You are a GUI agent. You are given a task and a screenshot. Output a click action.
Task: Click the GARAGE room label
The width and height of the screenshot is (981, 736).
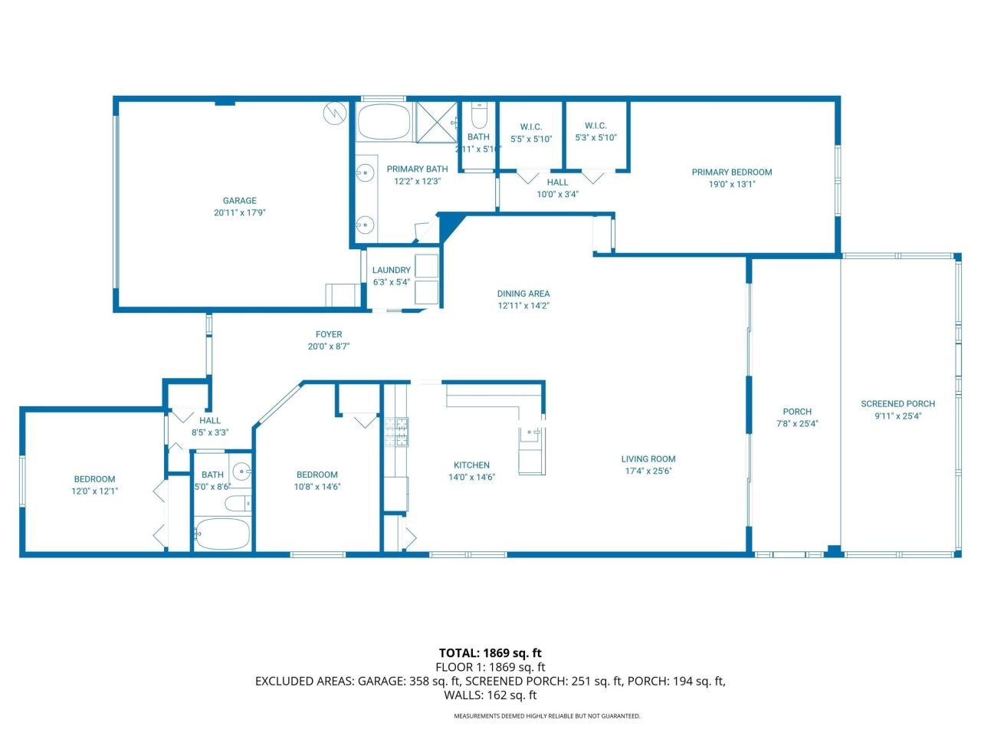tap(240, 201)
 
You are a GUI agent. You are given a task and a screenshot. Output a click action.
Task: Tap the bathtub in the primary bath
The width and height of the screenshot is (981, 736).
tap(383, 122)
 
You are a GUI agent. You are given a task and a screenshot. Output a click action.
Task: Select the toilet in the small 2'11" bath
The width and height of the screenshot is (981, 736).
tap(479, 115)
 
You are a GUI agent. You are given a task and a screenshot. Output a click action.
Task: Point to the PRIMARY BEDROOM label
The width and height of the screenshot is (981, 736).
tap(732, 172)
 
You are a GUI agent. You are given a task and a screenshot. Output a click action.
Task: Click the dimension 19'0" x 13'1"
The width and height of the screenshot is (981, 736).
tap(732, 184)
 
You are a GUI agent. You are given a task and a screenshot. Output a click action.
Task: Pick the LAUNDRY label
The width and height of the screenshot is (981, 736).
tap(392, 270)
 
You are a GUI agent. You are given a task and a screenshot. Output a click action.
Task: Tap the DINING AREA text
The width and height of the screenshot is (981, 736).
tap(523, 294)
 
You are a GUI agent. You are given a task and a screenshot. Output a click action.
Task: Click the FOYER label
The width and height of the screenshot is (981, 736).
tap(329, 334)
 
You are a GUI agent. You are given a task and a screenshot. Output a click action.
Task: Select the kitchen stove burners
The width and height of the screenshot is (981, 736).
tap(396, 432)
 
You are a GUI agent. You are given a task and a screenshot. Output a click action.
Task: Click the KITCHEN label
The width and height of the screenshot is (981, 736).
tap(471, 465)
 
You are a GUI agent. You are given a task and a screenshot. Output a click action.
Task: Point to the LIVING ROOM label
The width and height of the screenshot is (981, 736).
tap(648, 459)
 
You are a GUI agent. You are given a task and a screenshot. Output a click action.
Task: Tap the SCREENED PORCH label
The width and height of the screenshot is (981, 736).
tap(898, 404)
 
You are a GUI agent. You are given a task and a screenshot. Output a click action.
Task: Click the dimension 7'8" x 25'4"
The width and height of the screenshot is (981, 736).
tap(797, 424)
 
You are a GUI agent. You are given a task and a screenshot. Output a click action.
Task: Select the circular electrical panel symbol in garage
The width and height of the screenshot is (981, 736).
tap(334, 113)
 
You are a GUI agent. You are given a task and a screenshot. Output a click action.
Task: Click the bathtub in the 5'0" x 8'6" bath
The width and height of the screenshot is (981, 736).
tap(222, 534)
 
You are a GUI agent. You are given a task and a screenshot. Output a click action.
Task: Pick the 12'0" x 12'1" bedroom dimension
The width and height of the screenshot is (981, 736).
tap(95, 491)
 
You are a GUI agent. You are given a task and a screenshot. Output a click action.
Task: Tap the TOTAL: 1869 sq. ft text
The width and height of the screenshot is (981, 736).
tap(490, 653)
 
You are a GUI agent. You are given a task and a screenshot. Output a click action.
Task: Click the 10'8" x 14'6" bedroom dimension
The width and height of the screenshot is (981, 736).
tap(317, 487)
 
